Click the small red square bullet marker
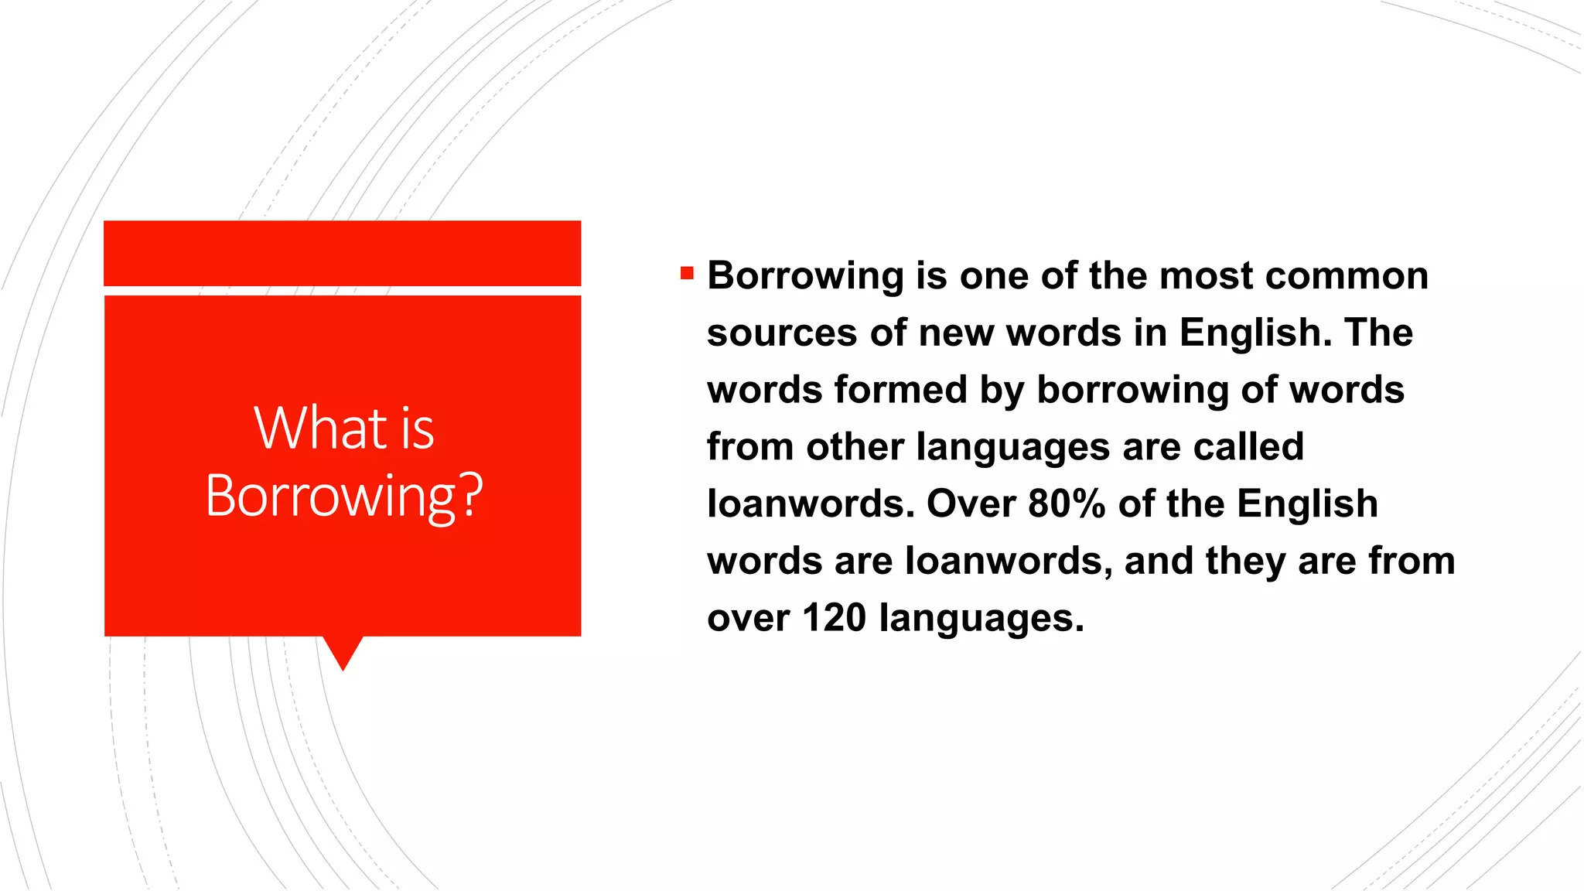coord(687,273)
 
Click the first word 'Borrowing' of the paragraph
coord(805,276)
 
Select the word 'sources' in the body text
coord(781,333)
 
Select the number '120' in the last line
coord(834,618)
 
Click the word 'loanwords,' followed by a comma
coord(1009,561)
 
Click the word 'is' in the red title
coord(418,429)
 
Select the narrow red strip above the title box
coord(342,253)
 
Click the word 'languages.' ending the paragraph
coord(981,619)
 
